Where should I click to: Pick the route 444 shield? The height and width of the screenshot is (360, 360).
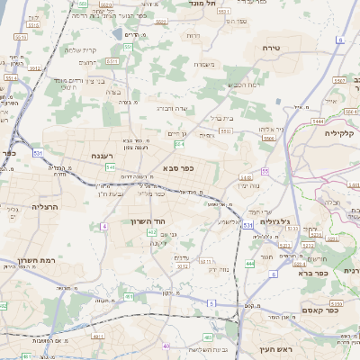pyautogui.click(x=249, y=263)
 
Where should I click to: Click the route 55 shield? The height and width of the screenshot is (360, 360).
pyautogui.click(x=265, y=171)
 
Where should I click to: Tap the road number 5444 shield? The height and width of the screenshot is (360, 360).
pyautogui.click(x=317, y=120)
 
